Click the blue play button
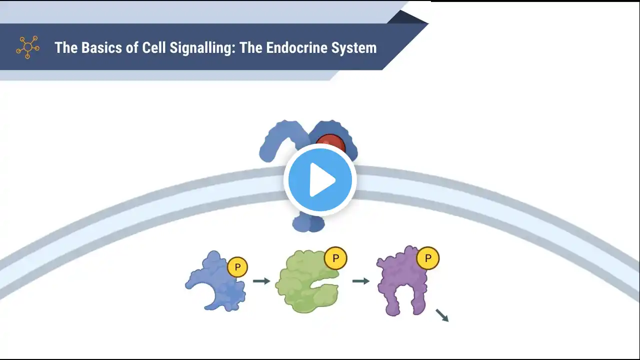320,180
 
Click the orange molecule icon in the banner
27,47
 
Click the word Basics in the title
101,47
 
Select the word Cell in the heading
153,47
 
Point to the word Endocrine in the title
296,47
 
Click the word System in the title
354,48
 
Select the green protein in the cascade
307,281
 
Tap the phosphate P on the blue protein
237,267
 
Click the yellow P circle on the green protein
335,258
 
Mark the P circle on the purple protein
427,258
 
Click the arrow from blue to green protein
261,281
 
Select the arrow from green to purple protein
361,281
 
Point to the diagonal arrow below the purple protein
442,315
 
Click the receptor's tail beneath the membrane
308,223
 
